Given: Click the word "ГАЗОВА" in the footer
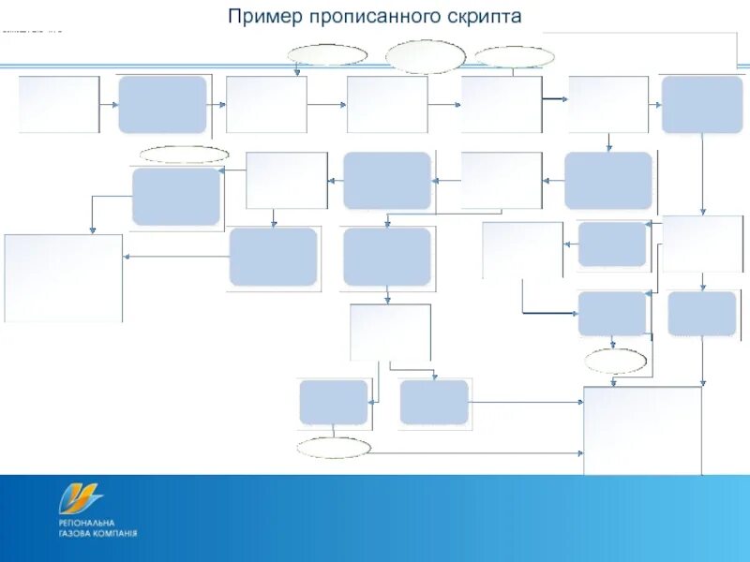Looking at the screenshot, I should pos(76,533).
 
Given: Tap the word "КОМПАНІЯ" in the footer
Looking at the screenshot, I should pos(116,533).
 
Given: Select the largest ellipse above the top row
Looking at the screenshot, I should pos(426,56).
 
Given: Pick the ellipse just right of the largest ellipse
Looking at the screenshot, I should pos(514,56).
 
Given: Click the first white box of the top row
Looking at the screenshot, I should pos(58,104).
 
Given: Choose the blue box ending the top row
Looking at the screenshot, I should pos(702,104).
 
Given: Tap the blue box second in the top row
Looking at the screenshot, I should pos(162,104).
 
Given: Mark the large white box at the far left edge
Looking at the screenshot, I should pos(64,278).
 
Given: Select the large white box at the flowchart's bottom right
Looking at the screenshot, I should pos(642,430).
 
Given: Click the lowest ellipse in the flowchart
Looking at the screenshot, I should pos(334,447).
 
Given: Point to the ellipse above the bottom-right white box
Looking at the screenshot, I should pos(615,361).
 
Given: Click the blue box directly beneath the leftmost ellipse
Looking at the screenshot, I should pos(176,197).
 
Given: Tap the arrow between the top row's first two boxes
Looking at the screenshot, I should pos(108,104).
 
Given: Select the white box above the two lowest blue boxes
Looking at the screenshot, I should pos(390,332).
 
